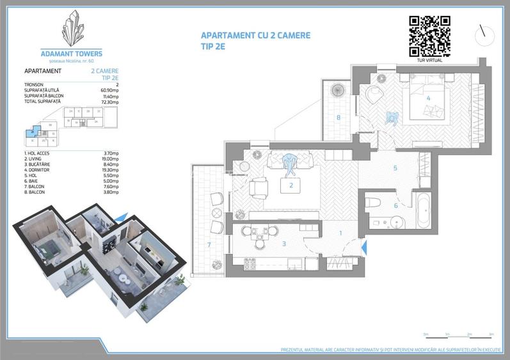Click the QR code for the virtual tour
[429, 35]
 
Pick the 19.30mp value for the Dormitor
[110, 168]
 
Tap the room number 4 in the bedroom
[427, 98]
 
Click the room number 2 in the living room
[291, 185]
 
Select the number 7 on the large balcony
[209, 244]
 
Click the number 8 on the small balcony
[338, 117]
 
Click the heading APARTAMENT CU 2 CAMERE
[255, 35]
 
